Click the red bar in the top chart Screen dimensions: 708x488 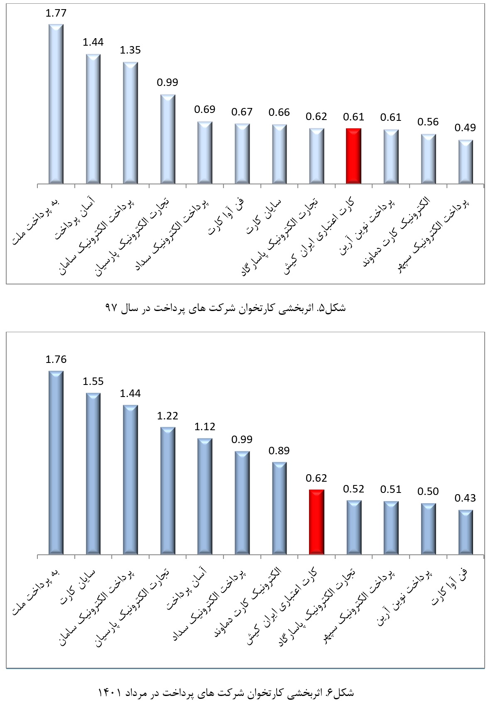coord(353,156)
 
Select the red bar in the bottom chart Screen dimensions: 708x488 coord(316,522)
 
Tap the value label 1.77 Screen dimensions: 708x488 coord(56,13)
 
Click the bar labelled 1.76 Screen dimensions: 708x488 coord(56,463)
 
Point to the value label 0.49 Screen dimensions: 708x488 coord(465,127)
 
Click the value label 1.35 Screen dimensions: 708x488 coord(130,50)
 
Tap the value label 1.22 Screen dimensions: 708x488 coord(167,416)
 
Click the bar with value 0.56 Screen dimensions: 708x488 coord(428,159)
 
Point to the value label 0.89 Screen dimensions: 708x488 coord(279,451)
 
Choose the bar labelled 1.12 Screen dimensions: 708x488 coord(205,496)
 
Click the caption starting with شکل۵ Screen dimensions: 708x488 coord(226,308)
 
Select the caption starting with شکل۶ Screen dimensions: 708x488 coord(226,693)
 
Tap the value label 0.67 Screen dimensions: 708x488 coord(242,112)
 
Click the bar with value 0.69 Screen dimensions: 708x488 coord(205,152)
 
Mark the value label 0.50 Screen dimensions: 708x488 coord(428,491)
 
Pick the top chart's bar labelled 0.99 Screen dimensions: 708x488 coord(168,139)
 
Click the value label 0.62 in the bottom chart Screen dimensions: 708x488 coord(316,478)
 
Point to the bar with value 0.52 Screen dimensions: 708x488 coord(354,527)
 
